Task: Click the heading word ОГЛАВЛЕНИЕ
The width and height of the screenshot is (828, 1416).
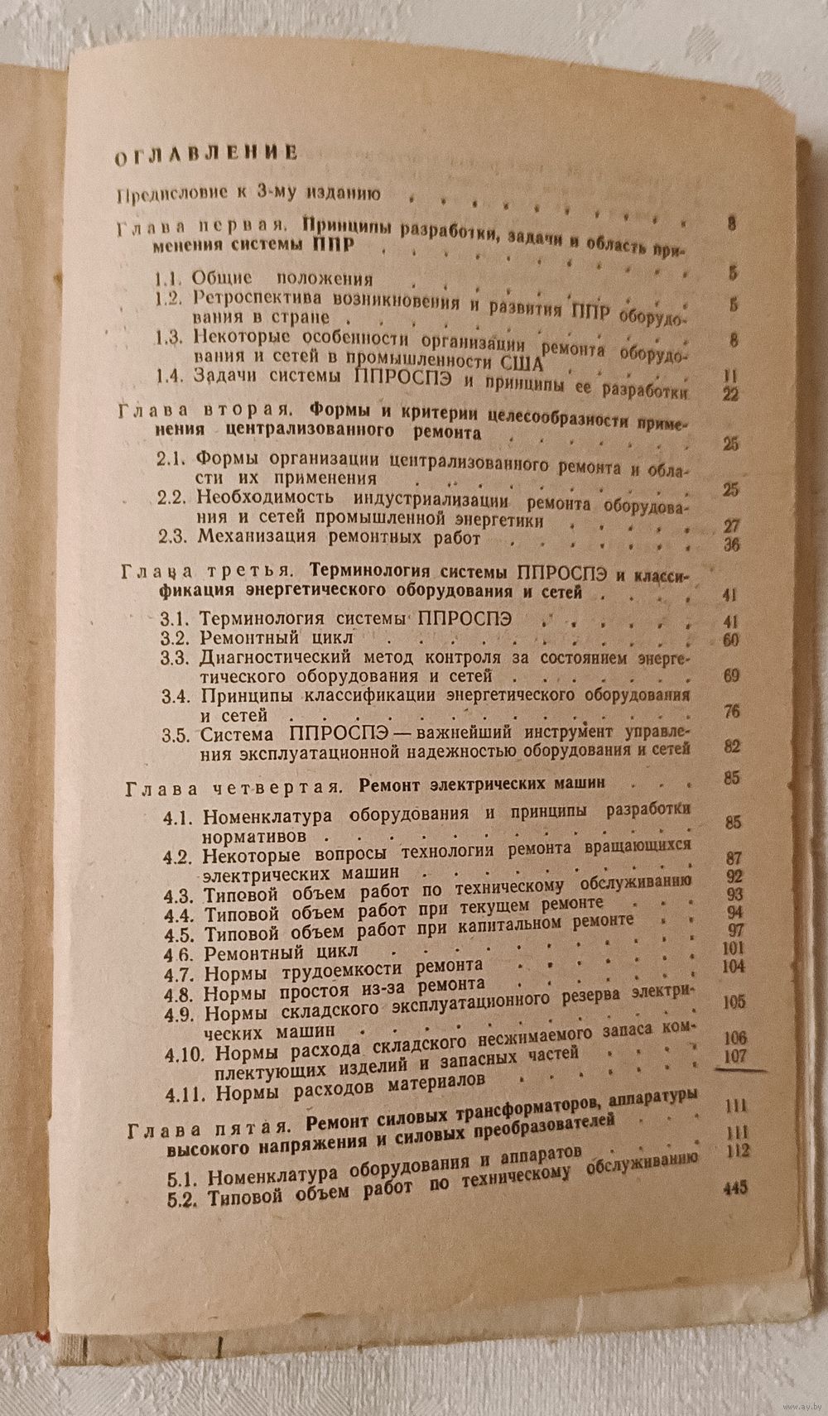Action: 205,153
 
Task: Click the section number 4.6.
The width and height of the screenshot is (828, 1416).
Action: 179,953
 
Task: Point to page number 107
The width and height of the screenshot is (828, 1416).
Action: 734,1056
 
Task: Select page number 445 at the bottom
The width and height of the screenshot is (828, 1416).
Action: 734,1188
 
